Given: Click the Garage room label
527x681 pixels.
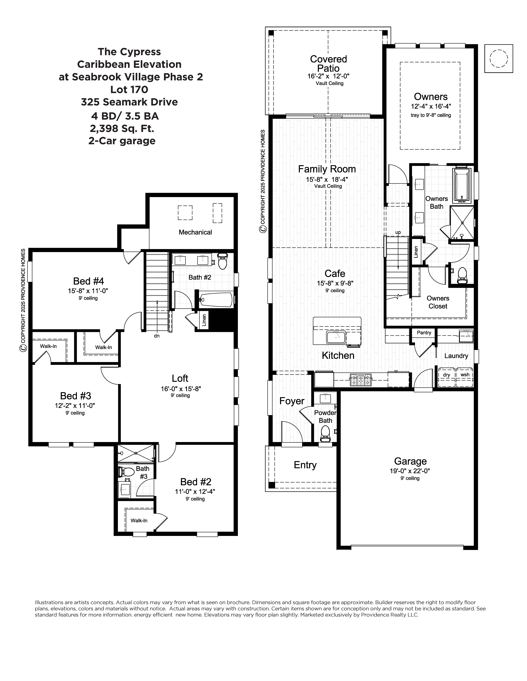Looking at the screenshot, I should click(x=410, y=461).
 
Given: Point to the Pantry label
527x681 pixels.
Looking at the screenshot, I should click(x=424, y=333).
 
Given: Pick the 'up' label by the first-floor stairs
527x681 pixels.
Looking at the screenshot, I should click(x=398, y=232).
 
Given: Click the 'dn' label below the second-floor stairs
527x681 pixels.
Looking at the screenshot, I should click(x=157, y=336).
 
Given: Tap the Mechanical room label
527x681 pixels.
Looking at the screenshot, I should click(x=195, y=232).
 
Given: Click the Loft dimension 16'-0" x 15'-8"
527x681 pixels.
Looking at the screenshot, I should click(x=180, y=389).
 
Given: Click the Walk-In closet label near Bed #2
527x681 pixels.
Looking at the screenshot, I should click(x=139, y=520).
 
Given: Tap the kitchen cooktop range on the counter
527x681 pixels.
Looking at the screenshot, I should click(x=361, y=380).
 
